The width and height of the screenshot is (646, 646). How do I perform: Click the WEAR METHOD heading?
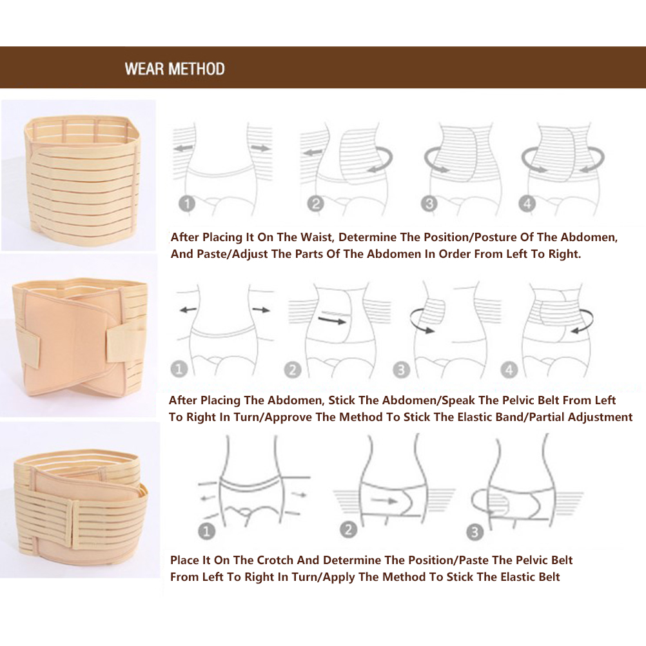175,69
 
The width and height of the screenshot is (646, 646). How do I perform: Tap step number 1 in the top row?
187,204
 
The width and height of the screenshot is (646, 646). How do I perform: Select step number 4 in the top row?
527,204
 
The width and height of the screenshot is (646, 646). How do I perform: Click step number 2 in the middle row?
293,370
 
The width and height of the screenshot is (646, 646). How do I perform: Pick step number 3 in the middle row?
401,370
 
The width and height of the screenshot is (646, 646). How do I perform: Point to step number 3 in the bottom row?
475,533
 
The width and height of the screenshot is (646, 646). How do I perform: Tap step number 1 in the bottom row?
207,531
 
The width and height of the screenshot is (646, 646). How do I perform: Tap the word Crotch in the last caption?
275,560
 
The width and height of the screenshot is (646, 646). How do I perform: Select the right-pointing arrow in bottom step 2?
384,501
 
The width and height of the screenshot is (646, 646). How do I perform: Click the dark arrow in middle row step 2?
332,319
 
